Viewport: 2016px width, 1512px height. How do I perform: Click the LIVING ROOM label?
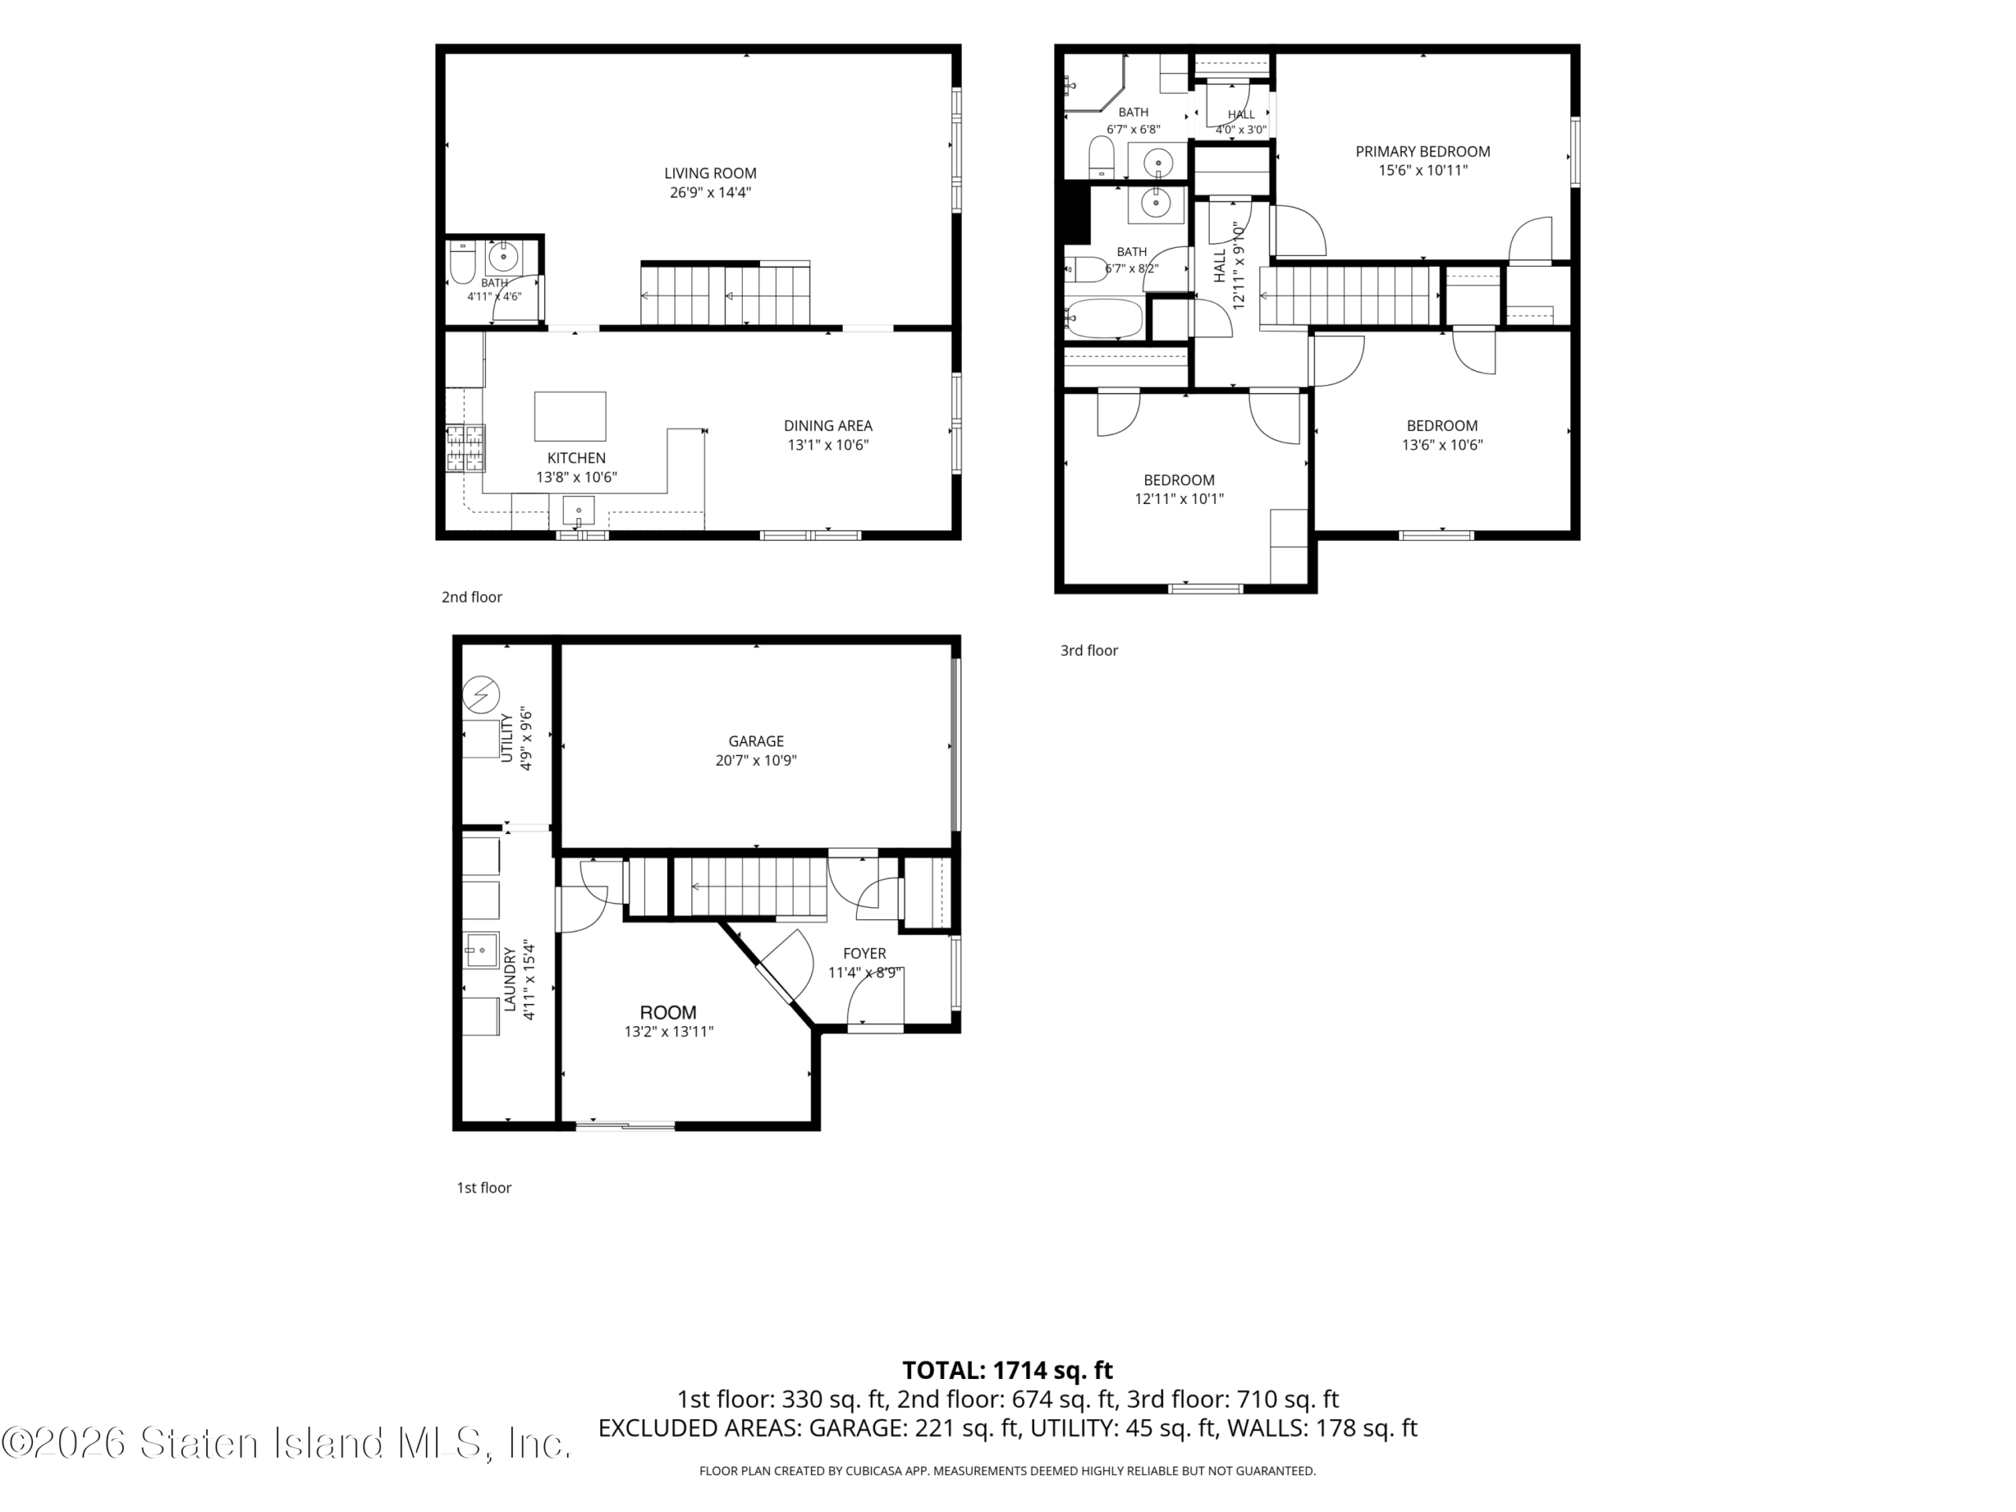[x=710, y=173]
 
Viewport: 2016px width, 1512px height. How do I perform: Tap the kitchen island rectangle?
[x=569, y=417]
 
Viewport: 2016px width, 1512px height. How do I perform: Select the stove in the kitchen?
[x=465, y=448]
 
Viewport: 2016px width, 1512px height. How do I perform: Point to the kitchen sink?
[x=579, y=510]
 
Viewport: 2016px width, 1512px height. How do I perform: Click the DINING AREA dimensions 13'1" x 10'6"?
[x=828, y=445]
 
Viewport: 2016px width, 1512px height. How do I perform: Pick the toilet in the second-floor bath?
[x=463, y=261]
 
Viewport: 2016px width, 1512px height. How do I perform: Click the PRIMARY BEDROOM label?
[x=1423, y=151]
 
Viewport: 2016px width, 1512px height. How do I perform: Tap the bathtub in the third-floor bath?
[x=1104, y=319]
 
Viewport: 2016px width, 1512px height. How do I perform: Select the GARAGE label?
[x=755, y=741]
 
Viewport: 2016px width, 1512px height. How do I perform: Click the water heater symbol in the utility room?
[x=481, y=695]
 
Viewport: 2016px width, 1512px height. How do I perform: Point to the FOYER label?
[x=864, y=954]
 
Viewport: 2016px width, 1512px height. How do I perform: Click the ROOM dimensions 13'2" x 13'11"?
[x=668, y=1032]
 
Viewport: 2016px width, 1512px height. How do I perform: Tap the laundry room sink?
[x=482, y=951]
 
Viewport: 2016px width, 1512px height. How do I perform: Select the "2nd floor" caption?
[x=472, y=597]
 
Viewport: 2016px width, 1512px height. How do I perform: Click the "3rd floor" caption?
[x=1088, y=650]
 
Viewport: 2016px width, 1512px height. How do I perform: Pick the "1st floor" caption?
[x=484, y=1188]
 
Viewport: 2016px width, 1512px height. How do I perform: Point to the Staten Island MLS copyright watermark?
[x=286, y=1443]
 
